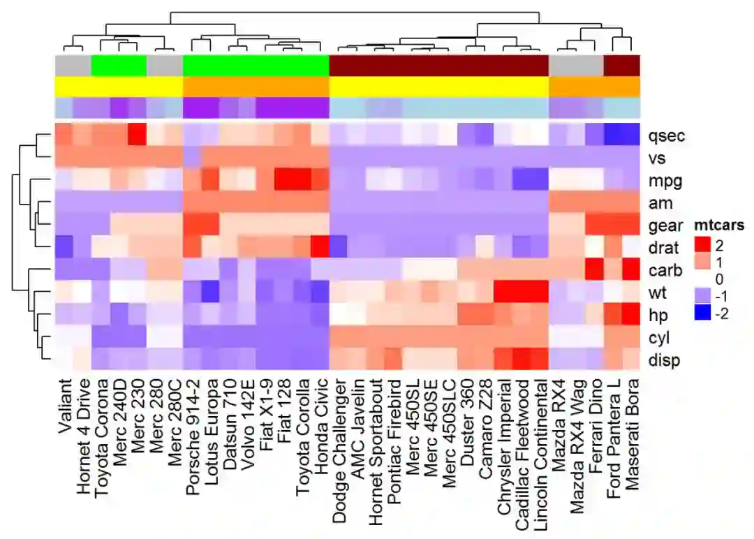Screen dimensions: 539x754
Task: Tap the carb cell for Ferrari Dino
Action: pos(595,269)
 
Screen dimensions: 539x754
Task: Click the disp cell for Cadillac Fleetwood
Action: pos(522,360)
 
